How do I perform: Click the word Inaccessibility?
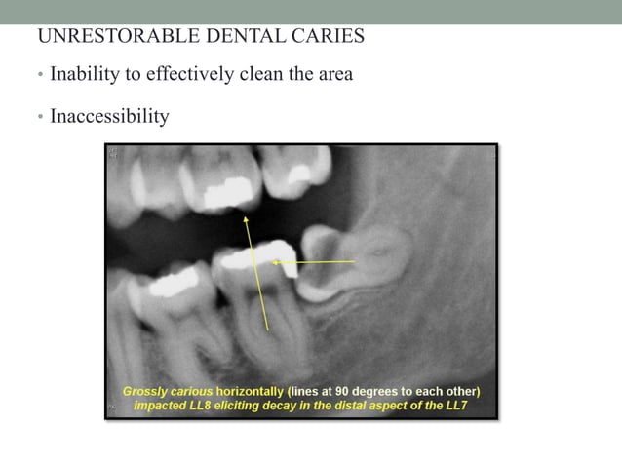[x=109, y=117]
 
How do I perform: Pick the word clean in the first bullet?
[x=256, y=74]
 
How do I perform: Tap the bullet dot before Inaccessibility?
[x=40, y=118]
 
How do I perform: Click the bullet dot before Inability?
[x=40, y=75]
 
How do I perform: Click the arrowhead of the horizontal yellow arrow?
[x=274, y=261]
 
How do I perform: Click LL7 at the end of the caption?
[x=457, y=405]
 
